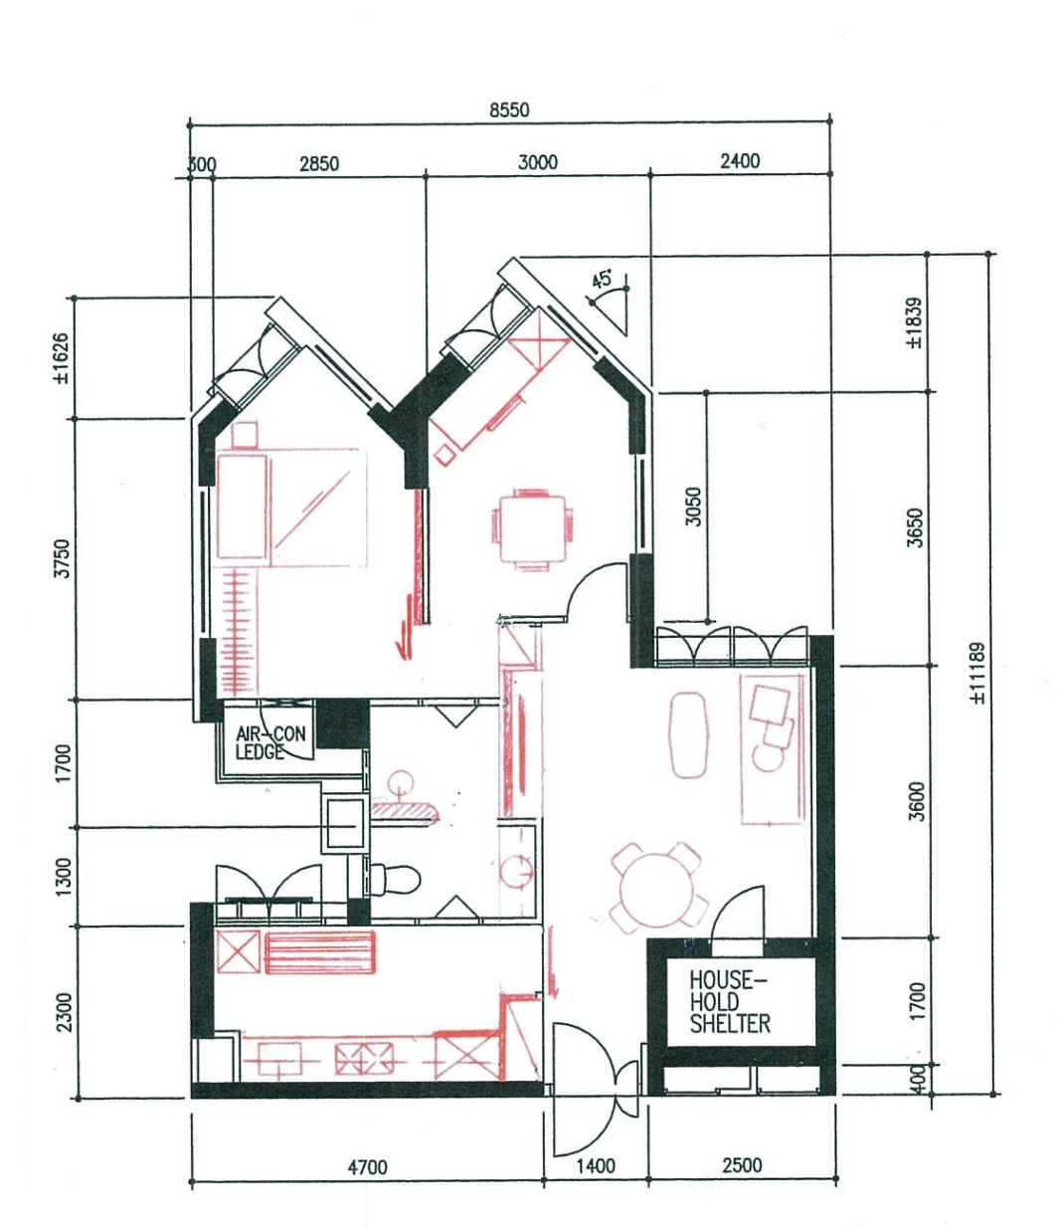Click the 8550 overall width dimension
[509, 110]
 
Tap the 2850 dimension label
[318, 163]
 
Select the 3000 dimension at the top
[538, 162]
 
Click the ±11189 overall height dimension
[977, 674]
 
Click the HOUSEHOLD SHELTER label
[729, 1002]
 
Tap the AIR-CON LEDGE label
[270, 742]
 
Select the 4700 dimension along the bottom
[367, 1167]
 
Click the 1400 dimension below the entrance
[595, 1166]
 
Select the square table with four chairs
[532, 527]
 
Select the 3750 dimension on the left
[63, 558]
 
